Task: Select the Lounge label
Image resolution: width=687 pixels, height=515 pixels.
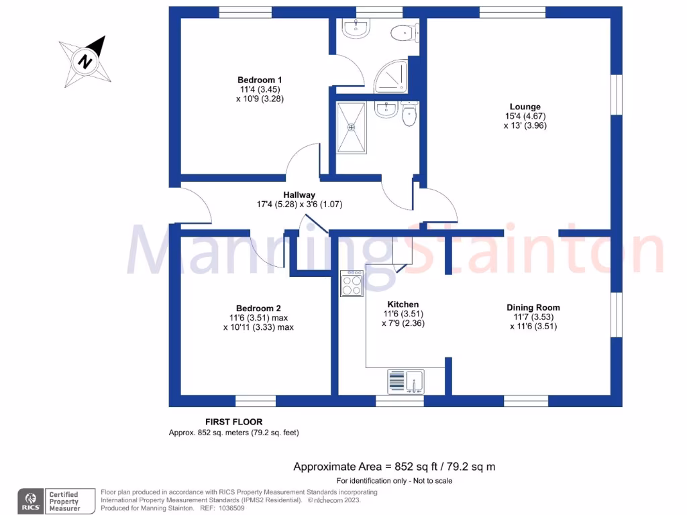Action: point(525,107)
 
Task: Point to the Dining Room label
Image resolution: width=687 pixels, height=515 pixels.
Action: point(533,307)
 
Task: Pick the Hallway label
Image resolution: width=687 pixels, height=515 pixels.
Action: point(299,195)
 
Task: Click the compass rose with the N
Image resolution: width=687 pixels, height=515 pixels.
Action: point(85,61)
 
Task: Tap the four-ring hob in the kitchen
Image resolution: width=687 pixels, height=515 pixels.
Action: point(352,284)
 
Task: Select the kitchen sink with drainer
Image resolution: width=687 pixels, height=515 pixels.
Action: point(406,382)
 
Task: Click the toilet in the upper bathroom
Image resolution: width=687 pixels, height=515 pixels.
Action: point(405,32)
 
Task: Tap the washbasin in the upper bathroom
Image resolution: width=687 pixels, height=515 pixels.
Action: point(355,27)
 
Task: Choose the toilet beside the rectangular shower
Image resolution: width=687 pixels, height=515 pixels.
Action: point(409,116)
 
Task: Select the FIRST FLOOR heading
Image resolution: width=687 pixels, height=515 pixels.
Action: point(233,422)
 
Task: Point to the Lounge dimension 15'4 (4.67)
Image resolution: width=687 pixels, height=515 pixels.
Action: point(525,116)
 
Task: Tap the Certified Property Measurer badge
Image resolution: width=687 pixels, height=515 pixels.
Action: point(63,501)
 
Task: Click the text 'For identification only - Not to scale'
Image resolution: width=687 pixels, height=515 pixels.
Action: point(394,481)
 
